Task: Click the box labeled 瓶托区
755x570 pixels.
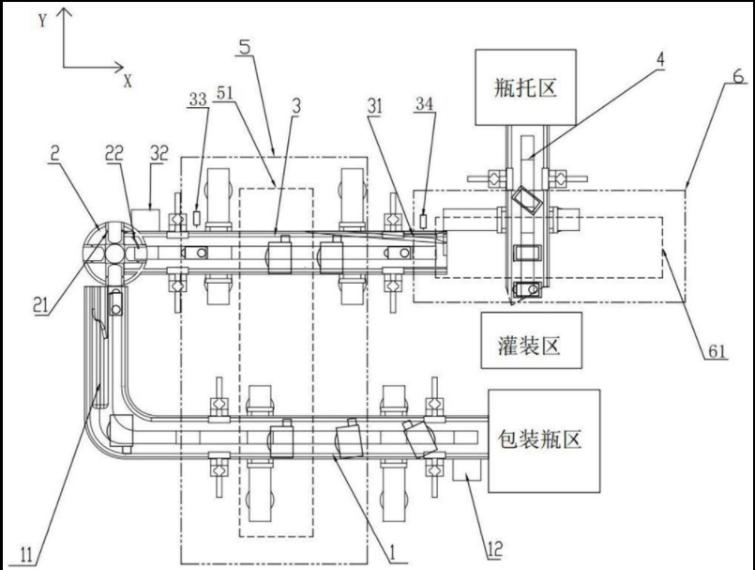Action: coord(525,87)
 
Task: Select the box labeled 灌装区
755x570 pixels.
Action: coord(531,341)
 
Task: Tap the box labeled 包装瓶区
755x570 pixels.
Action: coord(544,440)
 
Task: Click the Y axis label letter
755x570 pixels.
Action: coord(43,21)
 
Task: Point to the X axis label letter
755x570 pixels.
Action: coord(128,81)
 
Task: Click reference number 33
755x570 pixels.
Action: coord(197,100)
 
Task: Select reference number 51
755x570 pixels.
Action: coord(224,93)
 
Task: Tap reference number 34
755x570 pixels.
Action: coord(424,103)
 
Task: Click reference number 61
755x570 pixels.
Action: coord(717,351)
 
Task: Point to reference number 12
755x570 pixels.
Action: coord(494,548)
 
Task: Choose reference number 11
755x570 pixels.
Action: coord(26,555)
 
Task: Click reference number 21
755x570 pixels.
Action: coord(41,305)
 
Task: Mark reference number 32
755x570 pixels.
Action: coord(159,153)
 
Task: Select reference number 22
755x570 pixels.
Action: coord(114,153)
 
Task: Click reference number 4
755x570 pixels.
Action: coord(660,59)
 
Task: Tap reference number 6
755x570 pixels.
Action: coord(738,76)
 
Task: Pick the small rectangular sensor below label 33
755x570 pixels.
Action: coord(196,218)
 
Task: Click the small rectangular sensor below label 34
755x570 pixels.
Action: coord(423,221)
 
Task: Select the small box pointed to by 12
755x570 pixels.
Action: coord(468,470)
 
